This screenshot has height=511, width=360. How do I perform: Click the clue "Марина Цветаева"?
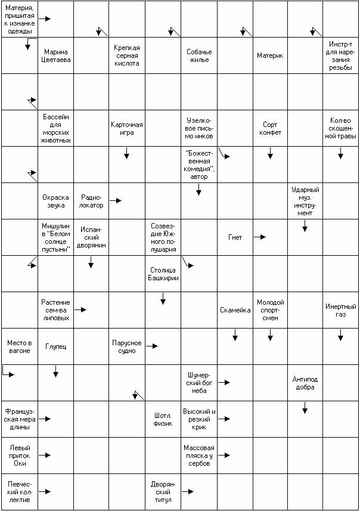56,55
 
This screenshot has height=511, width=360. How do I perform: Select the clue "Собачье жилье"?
198,55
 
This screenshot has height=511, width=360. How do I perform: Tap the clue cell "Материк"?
270,55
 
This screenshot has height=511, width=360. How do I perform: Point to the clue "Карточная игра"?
127,128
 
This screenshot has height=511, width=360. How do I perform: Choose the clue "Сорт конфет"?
270,128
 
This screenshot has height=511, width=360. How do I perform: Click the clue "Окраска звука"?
55,201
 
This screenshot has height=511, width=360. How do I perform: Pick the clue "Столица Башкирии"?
163,274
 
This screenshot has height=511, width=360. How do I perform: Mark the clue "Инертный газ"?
341,310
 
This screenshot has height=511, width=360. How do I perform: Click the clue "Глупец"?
55,346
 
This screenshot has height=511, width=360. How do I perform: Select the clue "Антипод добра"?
305,383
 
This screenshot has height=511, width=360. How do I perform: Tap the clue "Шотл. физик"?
163,419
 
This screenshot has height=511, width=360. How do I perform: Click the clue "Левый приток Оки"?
20,456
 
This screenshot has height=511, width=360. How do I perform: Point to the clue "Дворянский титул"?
163,492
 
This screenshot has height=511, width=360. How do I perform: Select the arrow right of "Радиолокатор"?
116,201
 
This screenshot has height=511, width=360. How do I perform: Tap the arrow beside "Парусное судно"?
152,346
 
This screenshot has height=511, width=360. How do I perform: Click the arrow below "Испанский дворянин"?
91,262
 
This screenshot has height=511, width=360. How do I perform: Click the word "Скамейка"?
235,310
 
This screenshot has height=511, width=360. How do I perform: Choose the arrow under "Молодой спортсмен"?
270,335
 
